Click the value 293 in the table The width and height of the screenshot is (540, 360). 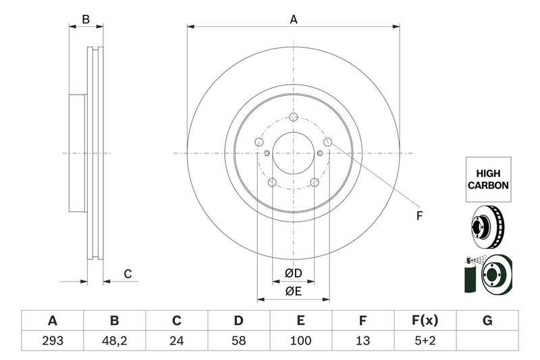[x=53, y=340]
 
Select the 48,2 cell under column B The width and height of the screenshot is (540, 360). [x=114, y=340]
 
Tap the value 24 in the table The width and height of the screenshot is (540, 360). [x=176, y=340]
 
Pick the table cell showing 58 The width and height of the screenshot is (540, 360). [x=238, y=340]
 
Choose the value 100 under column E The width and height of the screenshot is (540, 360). [x=300, y=340]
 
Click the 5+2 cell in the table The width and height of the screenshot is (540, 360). [x=425, y=340]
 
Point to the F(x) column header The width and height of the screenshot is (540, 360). [x=425, y=320]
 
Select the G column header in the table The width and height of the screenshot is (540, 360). [x=487, y=321]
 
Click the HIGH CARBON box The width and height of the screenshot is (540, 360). [x=488, y=180]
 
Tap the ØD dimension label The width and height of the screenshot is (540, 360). [x=294, y=273]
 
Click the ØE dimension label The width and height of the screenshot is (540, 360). [x=294, y=292]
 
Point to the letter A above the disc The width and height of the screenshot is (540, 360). [x=294, y=20]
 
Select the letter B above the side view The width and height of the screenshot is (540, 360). [x=86, y=20]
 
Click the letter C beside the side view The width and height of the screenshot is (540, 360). [x=128, y=274]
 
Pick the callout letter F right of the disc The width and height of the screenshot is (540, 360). [x=419, y=216]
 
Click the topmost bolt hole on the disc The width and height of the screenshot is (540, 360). [x=294, y=117]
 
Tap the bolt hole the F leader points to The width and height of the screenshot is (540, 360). [x=328, y=142]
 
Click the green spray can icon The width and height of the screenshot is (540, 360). [x=470, y=275]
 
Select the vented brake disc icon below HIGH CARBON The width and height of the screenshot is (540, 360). [x=487, y=227]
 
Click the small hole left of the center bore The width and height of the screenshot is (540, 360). [x=267, y=153]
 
